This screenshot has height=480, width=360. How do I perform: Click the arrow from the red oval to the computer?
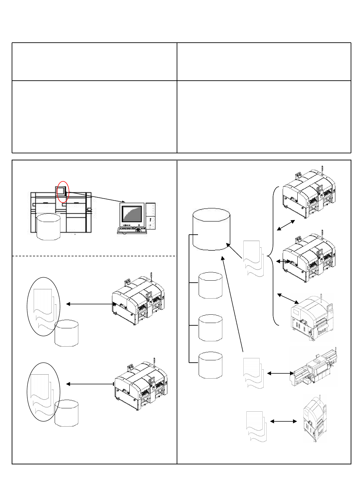(97, 197)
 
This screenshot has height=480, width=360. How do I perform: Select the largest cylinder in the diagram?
(212, 229)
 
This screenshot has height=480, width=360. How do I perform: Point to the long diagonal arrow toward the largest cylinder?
(232, 304)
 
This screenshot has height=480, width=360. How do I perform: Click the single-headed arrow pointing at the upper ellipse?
(89, 304)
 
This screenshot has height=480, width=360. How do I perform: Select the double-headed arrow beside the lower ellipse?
(90, 384)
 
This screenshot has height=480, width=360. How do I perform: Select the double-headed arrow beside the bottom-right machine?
(283, 422)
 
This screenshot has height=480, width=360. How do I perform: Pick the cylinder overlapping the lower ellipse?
(67, 413)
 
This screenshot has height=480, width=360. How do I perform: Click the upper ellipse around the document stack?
(43, 306)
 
